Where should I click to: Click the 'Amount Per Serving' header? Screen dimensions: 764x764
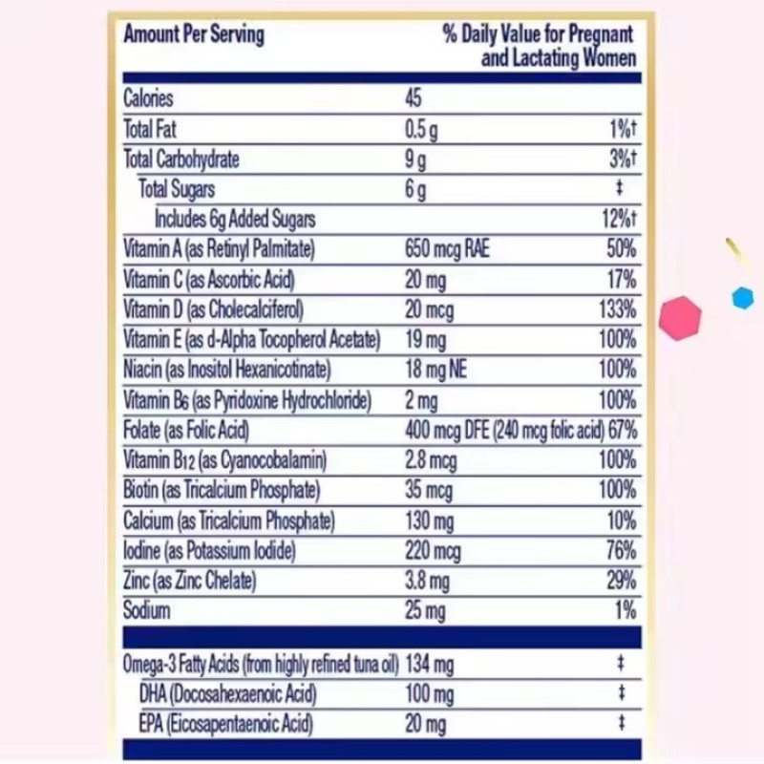click(194, 35)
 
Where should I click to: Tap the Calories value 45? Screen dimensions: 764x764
click(413, 98)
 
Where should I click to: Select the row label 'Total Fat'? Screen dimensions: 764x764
click(150, 129)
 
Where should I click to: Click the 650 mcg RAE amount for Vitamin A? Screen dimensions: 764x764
click(447, 249)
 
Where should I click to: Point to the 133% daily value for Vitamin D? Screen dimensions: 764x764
click(618, 309)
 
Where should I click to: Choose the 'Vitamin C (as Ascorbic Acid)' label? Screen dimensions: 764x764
click(209, 280)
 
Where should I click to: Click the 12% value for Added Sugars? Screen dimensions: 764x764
click(619, 219)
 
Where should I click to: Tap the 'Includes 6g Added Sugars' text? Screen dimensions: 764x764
click(235, 219)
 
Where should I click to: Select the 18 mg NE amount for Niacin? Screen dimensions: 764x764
click(435, 370)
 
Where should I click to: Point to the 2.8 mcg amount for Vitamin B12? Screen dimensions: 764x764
click(431, 460)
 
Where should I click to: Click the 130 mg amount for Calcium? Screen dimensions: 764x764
click(430, 521)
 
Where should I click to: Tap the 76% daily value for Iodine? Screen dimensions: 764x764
click(620, 551)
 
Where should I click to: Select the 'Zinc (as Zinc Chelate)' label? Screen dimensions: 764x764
click(190, 581)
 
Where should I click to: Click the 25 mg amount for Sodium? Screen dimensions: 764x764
click(425, 610)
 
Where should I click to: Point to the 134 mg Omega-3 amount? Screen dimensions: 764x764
click(429, 663)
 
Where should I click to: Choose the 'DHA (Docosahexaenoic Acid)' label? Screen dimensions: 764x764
click(227, 693)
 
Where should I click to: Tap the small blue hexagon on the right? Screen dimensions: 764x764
click(742, 298)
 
